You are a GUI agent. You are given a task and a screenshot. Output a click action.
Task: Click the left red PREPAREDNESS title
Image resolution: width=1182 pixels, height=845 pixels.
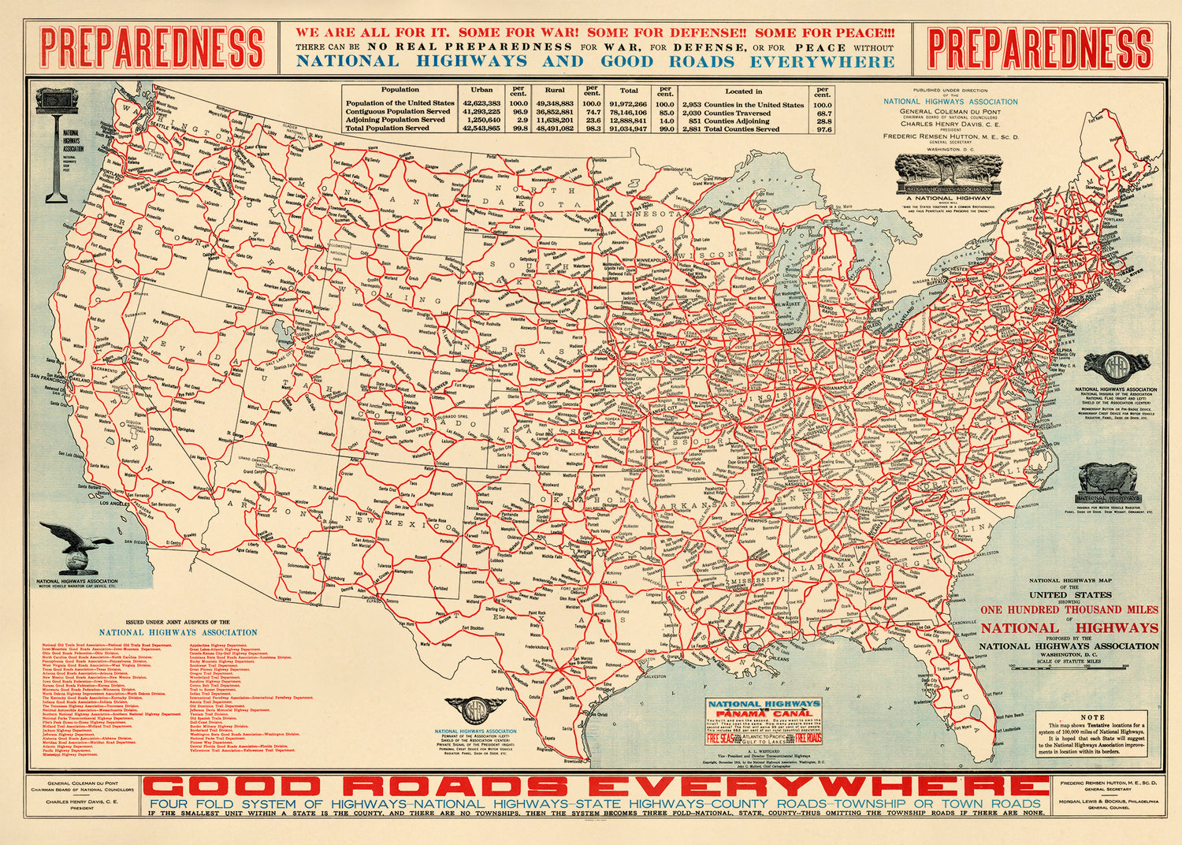tap(151, 47)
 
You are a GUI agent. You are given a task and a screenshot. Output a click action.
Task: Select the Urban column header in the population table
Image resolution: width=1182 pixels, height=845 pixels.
tap(481, 91)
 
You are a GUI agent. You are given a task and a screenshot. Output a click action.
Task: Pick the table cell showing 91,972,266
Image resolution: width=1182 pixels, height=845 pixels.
tap(628, 104)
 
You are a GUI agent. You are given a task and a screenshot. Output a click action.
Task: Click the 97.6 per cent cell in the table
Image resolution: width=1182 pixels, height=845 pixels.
tap(823, 129)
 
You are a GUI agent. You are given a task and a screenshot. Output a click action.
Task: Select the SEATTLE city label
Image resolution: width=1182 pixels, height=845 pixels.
tap(160, 125)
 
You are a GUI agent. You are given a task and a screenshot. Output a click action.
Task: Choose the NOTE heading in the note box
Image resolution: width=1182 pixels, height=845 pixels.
tap(1092, 717)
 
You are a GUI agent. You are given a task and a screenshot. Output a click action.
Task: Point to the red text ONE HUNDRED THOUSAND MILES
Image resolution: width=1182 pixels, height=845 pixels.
tap(1069, 609)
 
